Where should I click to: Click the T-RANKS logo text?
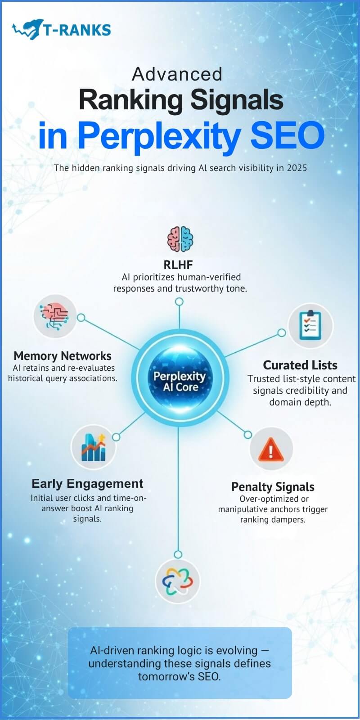coord(76,30)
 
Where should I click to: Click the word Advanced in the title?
coord(177,74)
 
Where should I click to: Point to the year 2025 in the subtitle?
coord(297,168)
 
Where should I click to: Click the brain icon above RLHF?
coord(180,238)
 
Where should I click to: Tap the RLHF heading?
coord(178,264)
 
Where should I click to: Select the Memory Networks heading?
coord(63,355)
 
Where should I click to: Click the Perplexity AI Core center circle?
coord(179,381)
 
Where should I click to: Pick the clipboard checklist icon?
coord(310,326)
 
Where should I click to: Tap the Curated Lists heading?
coord(300,365)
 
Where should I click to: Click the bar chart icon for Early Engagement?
coord(93,447)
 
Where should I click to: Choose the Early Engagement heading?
coord(87,484)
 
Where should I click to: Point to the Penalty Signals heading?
coord(273,487)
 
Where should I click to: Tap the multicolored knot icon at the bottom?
coord(177,580)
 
